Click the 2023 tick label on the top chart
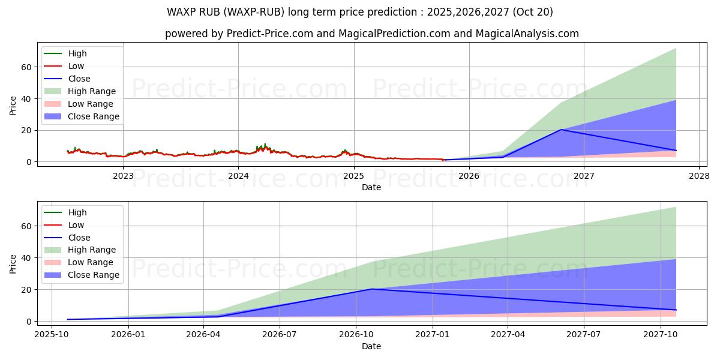pos(123,176)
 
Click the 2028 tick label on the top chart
pos(699,176)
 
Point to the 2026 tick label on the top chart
pos(469,176)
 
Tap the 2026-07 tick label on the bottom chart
pos(280,335)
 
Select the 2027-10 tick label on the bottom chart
pos(661,335)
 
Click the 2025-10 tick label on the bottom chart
pos(52,335)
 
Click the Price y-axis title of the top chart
pos(13,106)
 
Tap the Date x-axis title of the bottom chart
pos(371,346)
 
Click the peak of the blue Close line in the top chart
pos(561,130)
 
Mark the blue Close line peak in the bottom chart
pos(371,289)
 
